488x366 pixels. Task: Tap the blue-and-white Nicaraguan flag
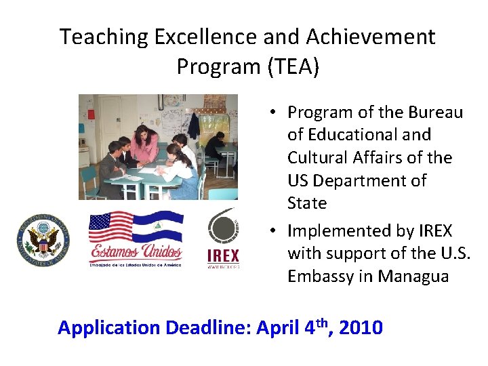coord(159,230)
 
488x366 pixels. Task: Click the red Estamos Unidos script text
coord(136,253)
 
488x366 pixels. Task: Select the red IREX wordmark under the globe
coord(223,256)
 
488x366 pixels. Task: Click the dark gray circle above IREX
coord(223,228)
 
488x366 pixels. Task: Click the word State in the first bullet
coord(307,203)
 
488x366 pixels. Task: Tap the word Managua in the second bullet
coord(413,277)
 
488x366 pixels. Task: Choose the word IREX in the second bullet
coord(430,231)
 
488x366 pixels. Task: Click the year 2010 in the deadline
coord(361,328)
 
